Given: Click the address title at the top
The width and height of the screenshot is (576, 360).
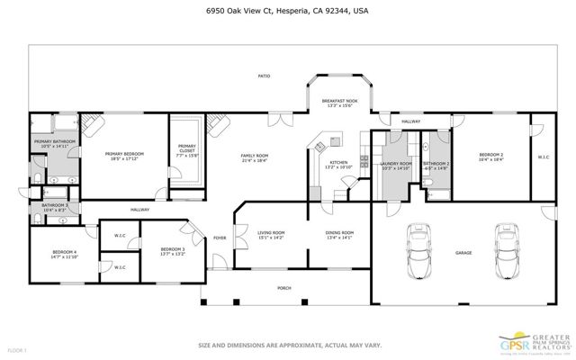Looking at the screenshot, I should tap(288, 12).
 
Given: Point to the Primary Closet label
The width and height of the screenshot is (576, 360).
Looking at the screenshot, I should tap(187, 148).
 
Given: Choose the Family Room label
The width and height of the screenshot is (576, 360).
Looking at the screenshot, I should tap(255, 157).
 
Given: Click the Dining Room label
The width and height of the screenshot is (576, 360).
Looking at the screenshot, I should tap(339, 235).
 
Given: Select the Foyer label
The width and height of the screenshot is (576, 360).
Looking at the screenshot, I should tap(220, 238).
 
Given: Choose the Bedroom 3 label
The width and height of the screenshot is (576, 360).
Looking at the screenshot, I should tap(173, 251).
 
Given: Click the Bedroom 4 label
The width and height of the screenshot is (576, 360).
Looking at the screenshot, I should tap(64, 254).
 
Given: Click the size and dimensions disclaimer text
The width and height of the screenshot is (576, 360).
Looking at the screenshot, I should tap(288, 343).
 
